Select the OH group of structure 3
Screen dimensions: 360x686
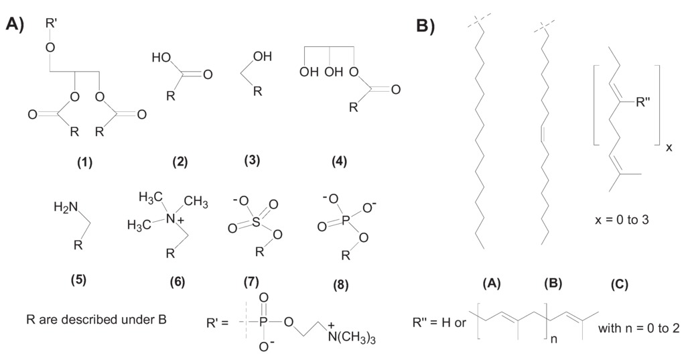[263, 58]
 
